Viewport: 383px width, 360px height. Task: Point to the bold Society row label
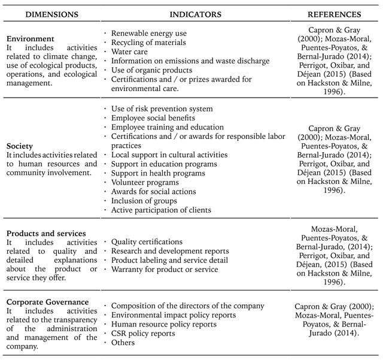coord(21,146)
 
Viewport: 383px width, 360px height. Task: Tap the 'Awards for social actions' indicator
coord(154,191)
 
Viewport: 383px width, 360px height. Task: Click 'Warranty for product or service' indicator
coord(165,269)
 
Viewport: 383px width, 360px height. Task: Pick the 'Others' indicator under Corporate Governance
coord(123,342)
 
